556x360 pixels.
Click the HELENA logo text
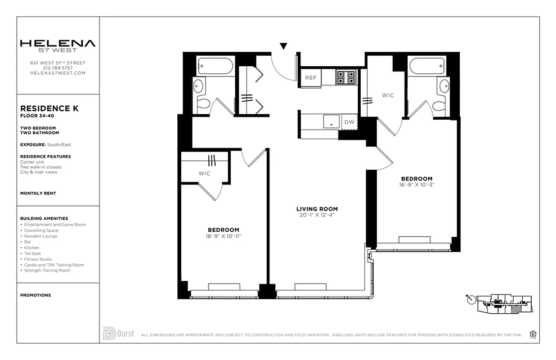pos(58,44)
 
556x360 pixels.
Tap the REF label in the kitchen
pos(311,78)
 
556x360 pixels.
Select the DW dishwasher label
pos(349,122)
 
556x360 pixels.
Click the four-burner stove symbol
pos(346,77)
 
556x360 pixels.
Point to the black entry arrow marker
pos(283,46)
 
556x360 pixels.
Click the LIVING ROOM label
pos(317,209)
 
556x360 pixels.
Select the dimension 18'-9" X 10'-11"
pos(224,236)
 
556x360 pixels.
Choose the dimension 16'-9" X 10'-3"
pos(417,184)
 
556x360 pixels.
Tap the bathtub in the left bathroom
pos(215,66)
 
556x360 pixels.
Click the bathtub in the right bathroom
pos(427,66)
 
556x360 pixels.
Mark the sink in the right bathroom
pos(444,85)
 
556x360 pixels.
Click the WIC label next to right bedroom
pos(388,95)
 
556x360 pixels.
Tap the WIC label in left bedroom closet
pos(204,173)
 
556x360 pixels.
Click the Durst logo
pos(118,333)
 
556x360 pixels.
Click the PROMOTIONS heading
pos(36,295)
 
